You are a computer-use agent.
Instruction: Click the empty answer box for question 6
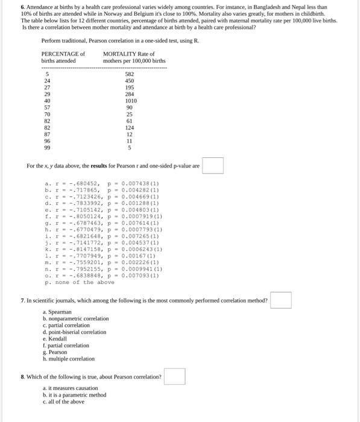(213, 165)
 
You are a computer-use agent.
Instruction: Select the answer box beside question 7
(280, 300)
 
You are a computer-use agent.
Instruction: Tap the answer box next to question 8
(174, 376)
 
